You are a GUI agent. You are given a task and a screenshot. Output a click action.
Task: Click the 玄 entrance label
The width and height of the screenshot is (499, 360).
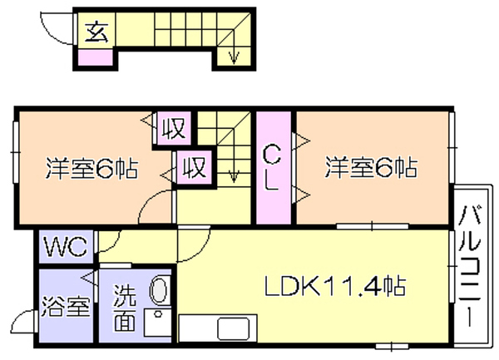[x=96, y=32]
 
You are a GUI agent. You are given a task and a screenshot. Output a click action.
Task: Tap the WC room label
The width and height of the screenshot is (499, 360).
[x=66, y=246]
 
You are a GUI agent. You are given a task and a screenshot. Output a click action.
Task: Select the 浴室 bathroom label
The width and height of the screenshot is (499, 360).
[x=67, y=306]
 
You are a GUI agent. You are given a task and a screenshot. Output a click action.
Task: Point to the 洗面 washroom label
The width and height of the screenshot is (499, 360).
[x=125, y=308]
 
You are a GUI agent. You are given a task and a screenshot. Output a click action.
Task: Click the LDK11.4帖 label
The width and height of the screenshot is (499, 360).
[x=335, y=286]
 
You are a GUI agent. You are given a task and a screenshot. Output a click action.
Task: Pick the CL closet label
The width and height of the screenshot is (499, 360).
[x=271, y=168]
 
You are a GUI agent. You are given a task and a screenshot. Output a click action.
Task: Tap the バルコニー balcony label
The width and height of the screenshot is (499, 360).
[x=469, y=267]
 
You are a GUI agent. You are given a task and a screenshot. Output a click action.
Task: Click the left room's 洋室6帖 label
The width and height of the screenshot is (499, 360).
[x=92, y=168]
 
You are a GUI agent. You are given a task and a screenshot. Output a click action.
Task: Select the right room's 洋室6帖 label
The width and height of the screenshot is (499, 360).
[x=371, y=167]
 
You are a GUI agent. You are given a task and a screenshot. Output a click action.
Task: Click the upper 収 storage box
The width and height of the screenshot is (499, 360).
[x=174, y=128]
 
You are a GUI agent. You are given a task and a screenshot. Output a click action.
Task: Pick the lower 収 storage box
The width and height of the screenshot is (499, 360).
[x=194, y=167]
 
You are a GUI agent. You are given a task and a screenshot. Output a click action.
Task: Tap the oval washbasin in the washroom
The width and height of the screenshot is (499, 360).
[x=160, y=290]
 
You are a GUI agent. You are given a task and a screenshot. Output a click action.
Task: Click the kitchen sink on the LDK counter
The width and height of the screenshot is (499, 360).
[x=233, y=328]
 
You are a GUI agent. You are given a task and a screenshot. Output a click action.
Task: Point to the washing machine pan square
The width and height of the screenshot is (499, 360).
[x=158, y=322]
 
